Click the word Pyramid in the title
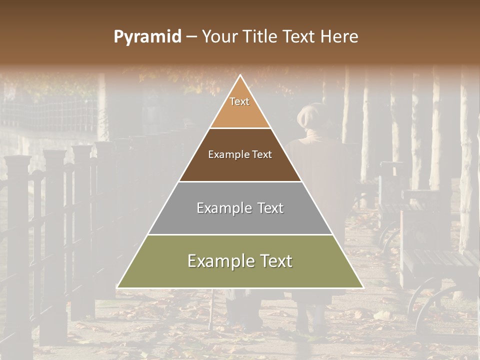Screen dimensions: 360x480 point(147,36)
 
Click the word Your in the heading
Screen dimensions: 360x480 point(220,36)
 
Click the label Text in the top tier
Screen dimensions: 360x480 point(239,101)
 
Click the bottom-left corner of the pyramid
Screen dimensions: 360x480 point(118,287)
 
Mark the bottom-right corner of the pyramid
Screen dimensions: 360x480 point(362,287)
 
